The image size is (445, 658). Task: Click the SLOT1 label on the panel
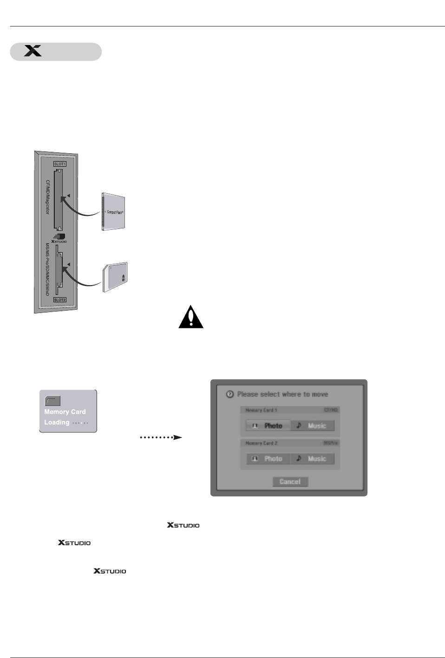[60, 164]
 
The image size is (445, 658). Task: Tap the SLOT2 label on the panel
[60, 300]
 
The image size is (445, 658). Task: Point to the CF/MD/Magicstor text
[47, 197]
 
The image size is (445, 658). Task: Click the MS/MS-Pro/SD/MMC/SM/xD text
[47, 269]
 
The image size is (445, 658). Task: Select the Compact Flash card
[113, 212]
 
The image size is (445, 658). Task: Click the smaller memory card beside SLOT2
[116, 277]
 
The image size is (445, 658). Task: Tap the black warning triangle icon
[191, 317]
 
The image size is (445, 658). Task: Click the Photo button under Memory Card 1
[268, 426]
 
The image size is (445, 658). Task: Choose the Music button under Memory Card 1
[312, 426]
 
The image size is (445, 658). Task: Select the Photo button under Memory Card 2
[268, 459]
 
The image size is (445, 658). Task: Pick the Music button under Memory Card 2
[312, 459]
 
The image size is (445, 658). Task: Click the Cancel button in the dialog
[290, 482]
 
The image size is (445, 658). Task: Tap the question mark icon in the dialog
[230, 394]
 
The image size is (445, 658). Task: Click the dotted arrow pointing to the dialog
[161, 437]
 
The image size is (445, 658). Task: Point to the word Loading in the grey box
[57, 422]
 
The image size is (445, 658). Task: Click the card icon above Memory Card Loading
[52, 401]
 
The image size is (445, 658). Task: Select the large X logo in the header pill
[33, 51]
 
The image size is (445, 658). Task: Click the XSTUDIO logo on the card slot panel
[59, 238]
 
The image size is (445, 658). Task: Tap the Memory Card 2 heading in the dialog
[262, 443]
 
